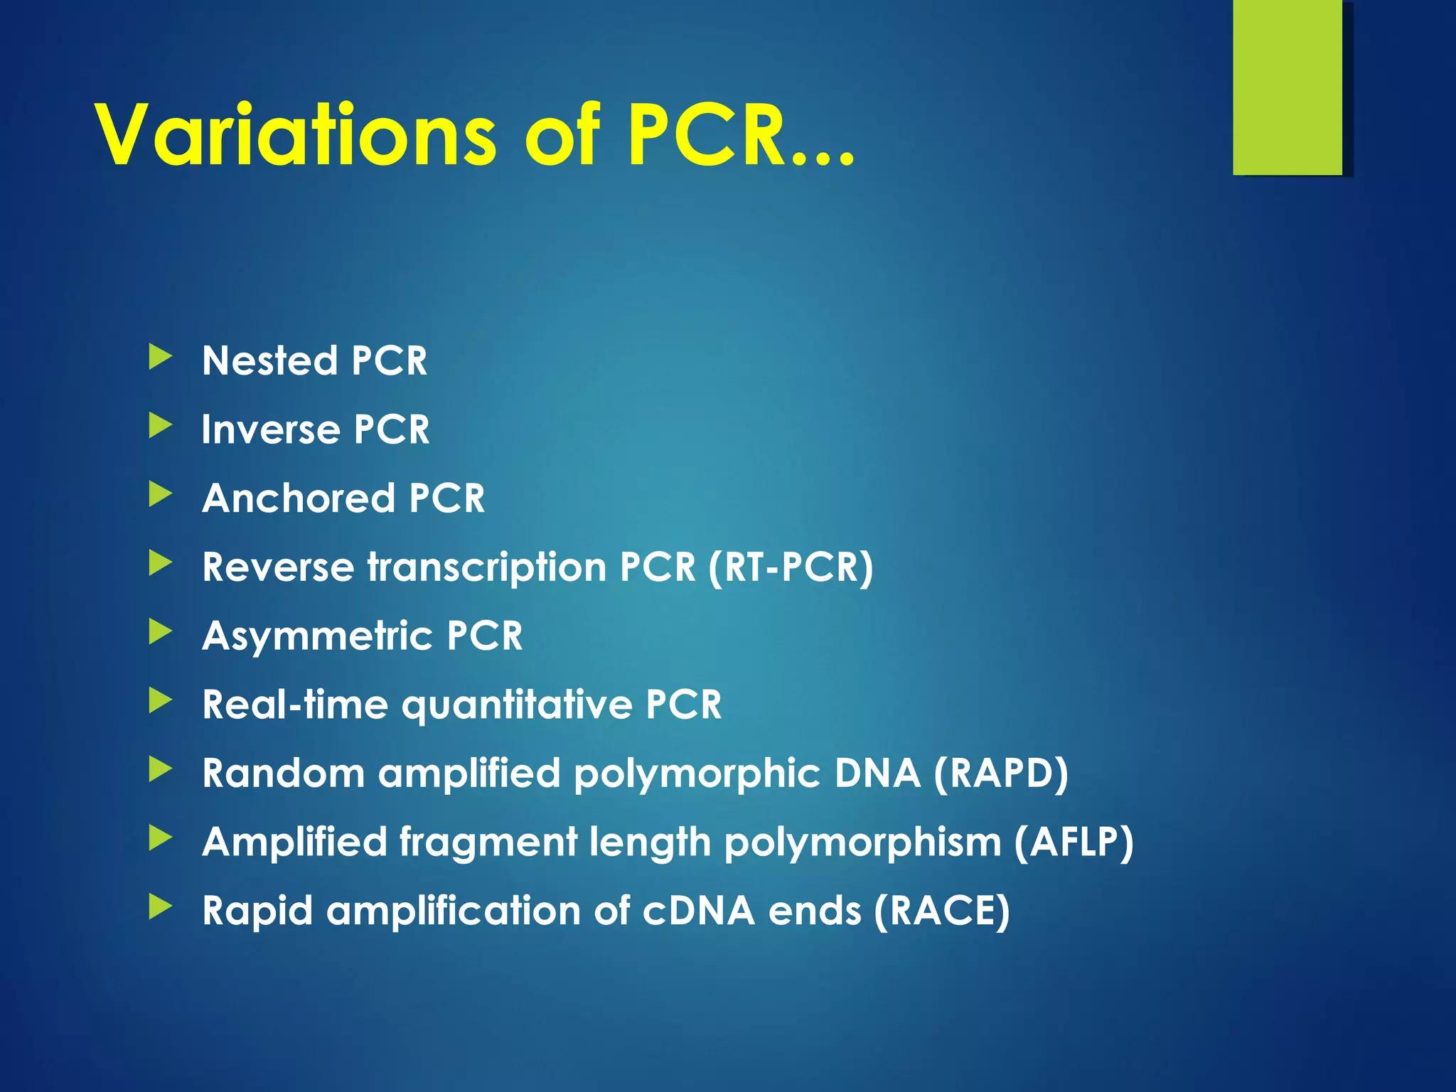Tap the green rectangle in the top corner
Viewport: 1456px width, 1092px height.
[1288, 87]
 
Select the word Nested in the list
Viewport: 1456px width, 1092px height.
[269, 360]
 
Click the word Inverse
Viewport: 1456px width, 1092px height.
[270, 429]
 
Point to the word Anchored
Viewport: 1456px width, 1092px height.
[298, 498]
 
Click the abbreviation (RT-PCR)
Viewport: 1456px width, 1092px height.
[791, 567]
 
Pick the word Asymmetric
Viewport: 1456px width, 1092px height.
[317, 636]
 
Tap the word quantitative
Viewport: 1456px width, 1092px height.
[517, 705]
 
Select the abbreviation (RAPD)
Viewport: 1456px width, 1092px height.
[1001, 773]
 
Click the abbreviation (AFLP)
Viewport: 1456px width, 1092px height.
[1074, 842]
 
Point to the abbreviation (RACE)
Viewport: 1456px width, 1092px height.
[941, 911]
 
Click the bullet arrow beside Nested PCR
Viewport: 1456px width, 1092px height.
[161, 357]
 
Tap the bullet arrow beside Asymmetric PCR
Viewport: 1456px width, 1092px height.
[161, 632]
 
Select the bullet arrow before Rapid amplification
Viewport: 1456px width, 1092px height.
[161, 907]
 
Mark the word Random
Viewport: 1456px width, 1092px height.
[283, 773]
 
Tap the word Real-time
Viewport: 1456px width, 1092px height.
[295, 705]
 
